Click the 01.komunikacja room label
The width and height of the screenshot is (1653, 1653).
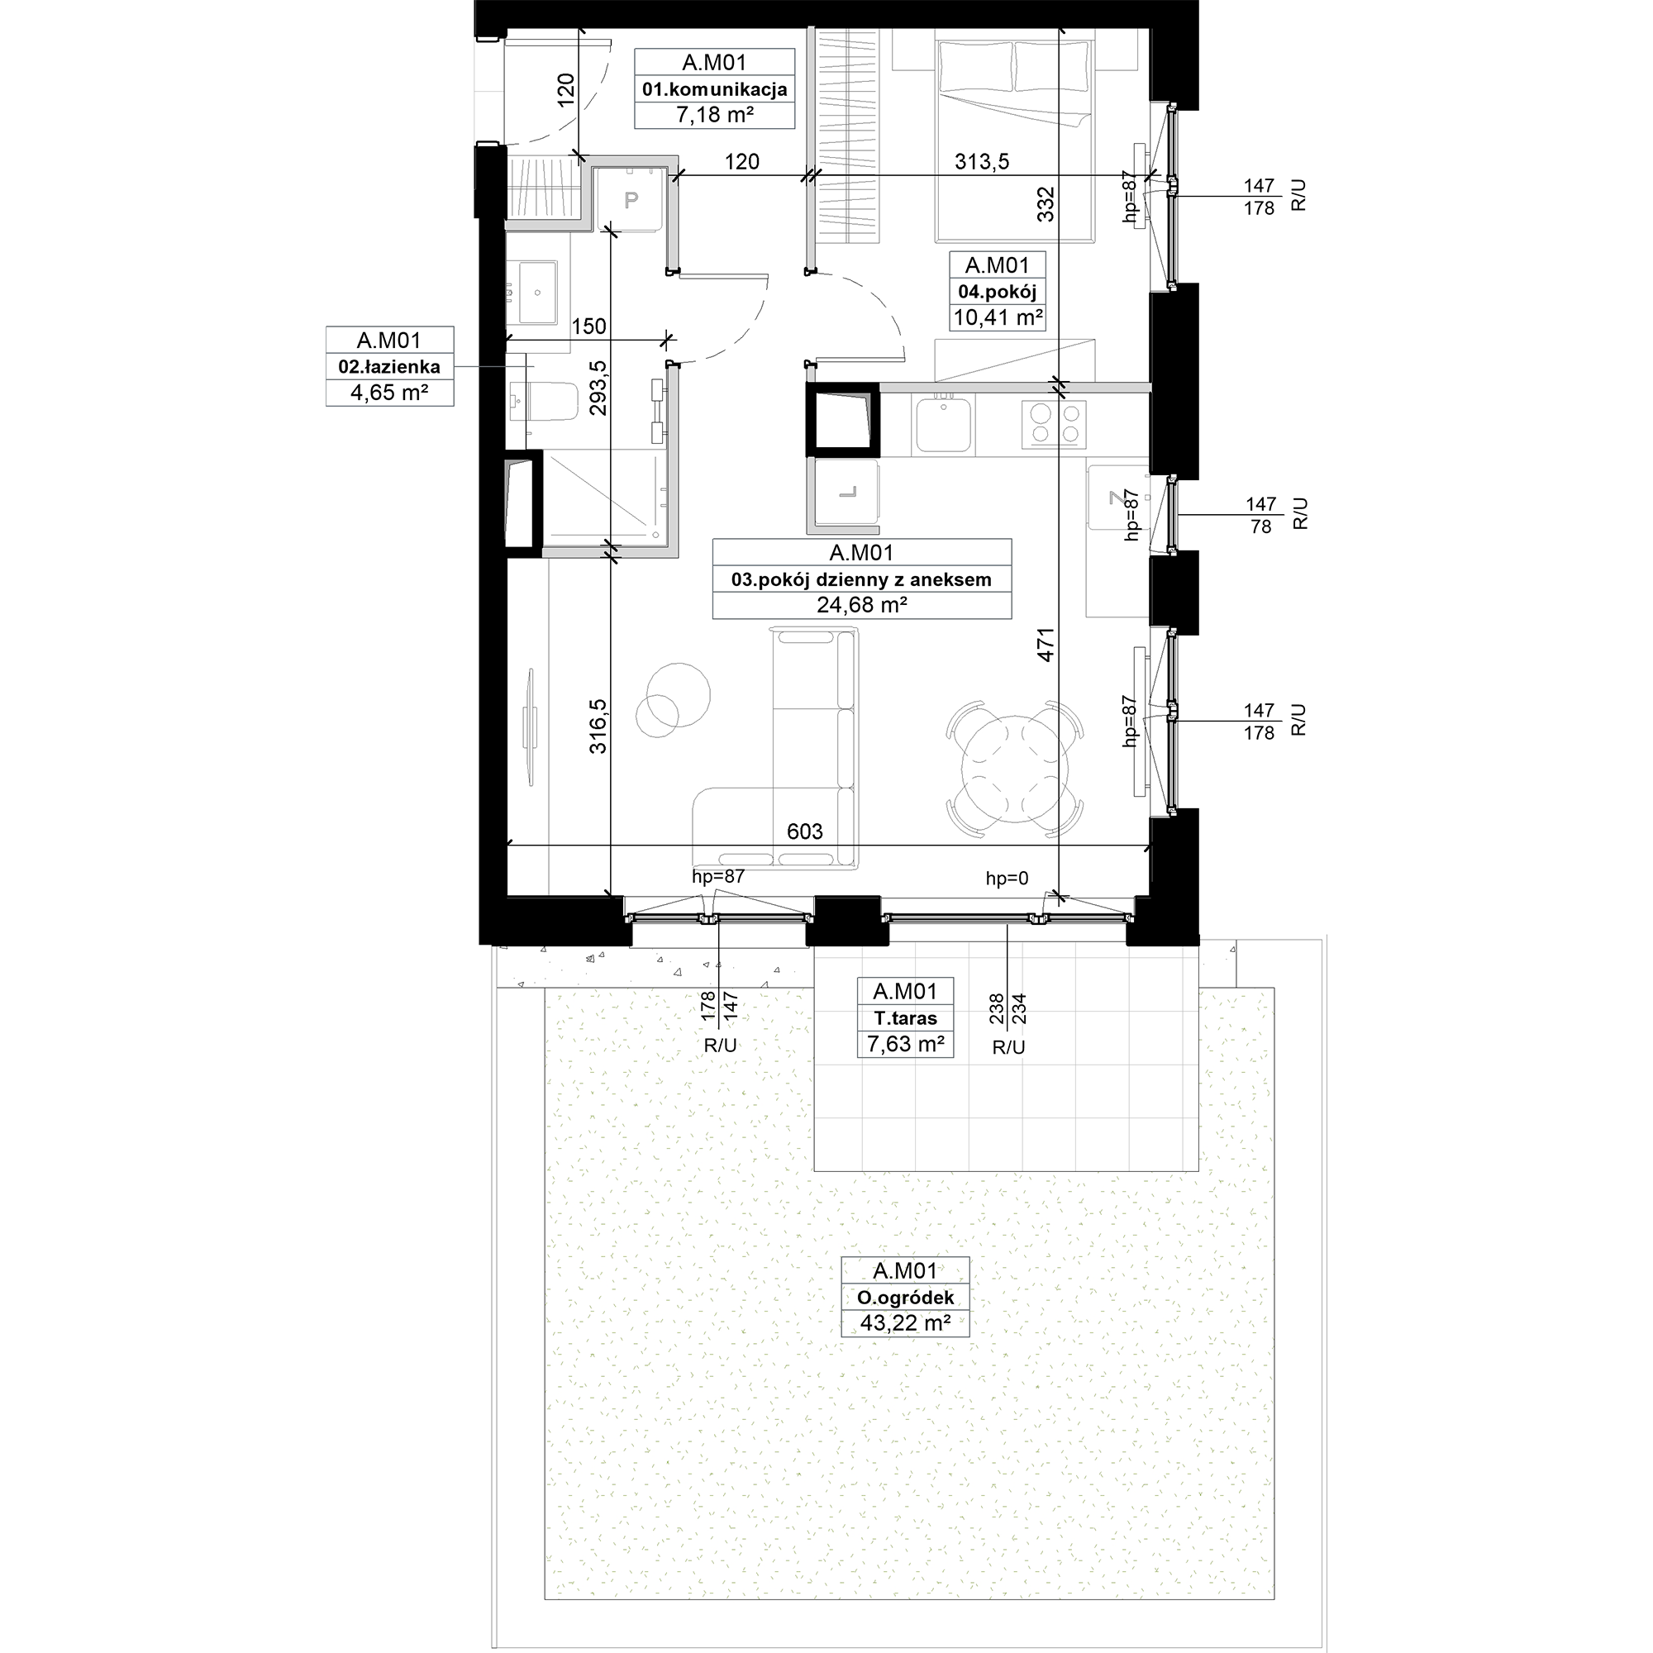[714, 89]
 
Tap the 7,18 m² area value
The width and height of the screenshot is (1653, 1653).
[714, 115]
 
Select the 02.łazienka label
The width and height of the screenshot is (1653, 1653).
[389, 367]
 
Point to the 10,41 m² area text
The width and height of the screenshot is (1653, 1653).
[998, 317]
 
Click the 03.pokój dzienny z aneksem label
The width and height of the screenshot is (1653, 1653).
[861, 579]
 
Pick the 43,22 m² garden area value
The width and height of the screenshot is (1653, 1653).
[905, 1322]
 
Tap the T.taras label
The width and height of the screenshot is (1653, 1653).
[905, 1018]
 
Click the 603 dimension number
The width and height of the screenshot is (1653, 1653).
[804, 831]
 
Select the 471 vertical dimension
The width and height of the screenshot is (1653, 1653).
[1046, 645]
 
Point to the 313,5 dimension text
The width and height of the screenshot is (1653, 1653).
[982, 161]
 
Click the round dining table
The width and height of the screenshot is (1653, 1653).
[1015, 769]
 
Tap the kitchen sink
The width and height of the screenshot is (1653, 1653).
[944, 424]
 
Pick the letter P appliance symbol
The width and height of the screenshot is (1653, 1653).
[631, 201]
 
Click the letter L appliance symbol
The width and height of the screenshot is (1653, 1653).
[847, 493]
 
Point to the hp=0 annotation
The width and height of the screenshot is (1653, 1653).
[1007, 878]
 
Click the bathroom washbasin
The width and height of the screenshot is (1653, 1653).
[537, 292]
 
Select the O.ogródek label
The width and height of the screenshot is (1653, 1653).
[905, 1298]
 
